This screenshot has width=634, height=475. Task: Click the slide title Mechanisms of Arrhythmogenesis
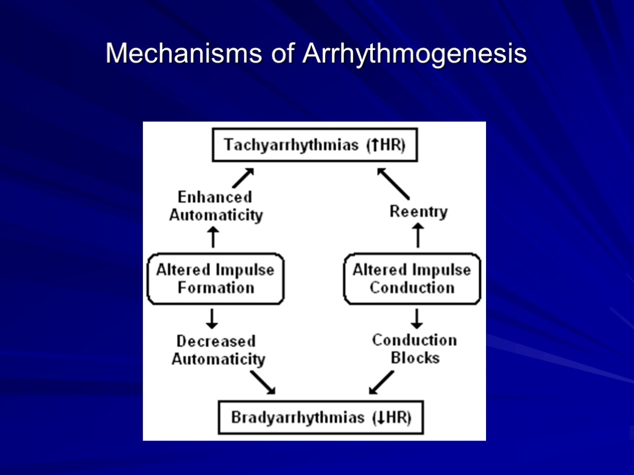point(316,54)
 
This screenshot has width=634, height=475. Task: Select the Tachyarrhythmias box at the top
point(315,146)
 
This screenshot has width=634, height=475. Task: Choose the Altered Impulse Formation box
point(215,278)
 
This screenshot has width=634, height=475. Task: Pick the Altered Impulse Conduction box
point(412,278)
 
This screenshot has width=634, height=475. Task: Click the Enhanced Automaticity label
point(216,206)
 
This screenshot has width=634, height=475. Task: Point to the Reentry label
point(419,212)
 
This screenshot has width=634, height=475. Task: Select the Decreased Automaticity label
point(218,350)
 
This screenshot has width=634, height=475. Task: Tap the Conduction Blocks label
point(415,349)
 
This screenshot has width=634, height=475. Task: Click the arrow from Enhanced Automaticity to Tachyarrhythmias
point(243,178)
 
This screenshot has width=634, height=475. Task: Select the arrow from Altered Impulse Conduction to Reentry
point(418,236)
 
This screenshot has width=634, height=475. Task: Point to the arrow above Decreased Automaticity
point(212,318)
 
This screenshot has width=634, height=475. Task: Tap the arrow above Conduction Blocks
point(417,318)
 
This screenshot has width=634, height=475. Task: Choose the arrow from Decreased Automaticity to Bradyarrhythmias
point(263,382)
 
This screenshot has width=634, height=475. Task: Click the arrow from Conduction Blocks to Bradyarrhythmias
point(381,382)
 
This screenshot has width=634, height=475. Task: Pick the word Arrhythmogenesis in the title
point(414,54)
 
